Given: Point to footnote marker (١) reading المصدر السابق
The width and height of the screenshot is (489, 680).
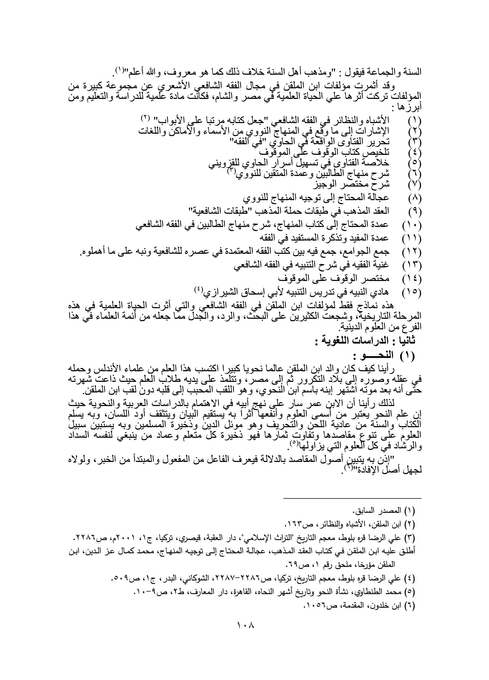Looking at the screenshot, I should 410,512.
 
